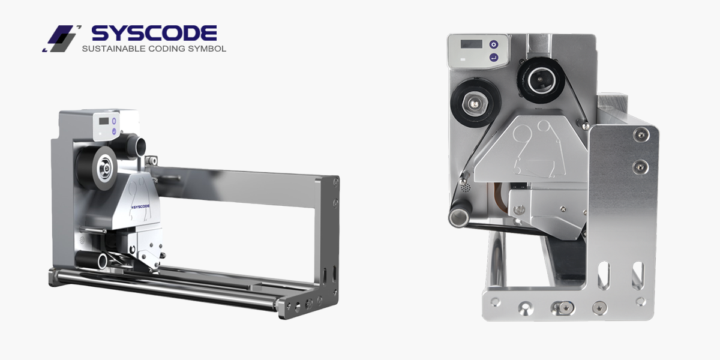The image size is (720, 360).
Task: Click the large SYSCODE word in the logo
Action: (154, 33)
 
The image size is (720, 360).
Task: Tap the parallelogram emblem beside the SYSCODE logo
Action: (61, 38)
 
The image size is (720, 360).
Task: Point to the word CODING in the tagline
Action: (167, 49)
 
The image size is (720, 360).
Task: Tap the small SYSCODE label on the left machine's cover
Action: (140, 206)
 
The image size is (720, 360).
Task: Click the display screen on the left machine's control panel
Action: (104, 121)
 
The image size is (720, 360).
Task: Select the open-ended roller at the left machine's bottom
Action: (92, 259)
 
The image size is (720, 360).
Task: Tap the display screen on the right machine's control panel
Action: (471, 44)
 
